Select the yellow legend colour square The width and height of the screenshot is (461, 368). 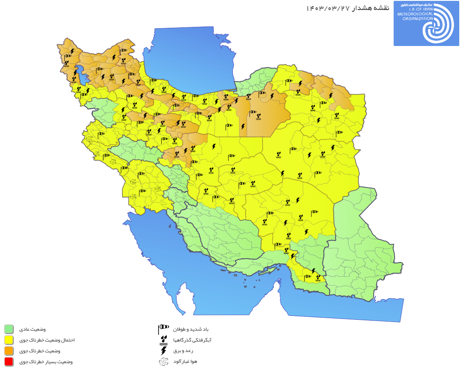coord(9,340)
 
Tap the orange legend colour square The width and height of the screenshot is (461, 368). coord(9,351)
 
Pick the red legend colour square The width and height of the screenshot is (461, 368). coord(9,361)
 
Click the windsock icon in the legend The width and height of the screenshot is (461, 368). coord(163,329)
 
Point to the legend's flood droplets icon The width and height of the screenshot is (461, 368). coord(163,340)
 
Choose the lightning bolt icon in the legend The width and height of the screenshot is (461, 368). coord(163,351)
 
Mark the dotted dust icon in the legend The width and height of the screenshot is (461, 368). coord(163,361)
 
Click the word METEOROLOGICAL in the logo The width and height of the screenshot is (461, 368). coord(415,14)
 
